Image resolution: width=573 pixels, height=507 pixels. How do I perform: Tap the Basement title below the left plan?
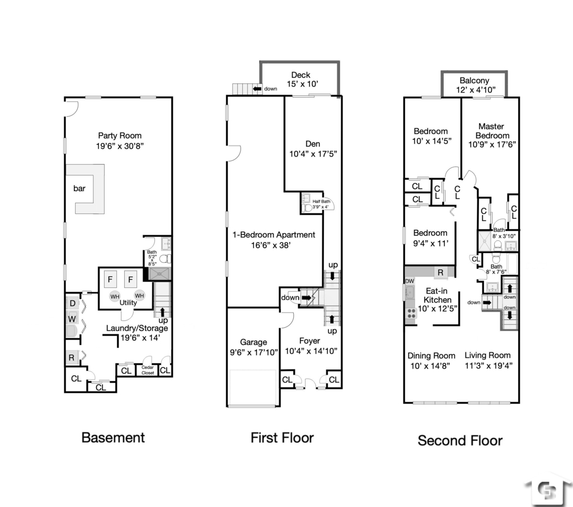[x=113, y=438]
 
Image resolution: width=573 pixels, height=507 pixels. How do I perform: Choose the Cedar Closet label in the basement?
[x=148, y=370]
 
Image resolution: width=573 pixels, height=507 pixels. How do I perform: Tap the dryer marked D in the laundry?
[x=73, y=303]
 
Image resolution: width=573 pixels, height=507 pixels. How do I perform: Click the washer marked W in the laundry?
[x=73, y=318]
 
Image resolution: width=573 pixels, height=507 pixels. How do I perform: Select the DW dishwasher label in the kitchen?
[x=409, y=281]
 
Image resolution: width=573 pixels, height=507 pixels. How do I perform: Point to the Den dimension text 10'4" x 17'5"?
[x=313, y=153]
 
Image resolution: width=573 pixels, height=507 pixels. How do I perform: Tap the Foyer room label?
[x=309, y=341]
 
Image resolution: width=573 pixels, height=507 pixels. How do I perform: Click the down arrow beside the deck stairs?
[x=258, y=89]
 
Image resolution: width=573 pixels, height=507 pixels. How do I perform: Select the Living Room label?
[x=487, y=355]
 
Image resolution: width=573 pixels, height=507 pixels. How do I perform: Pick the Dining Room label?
[x=431, y=355]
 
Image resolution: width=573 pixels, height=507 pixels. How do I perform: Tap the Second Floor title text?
[x=460, y=440]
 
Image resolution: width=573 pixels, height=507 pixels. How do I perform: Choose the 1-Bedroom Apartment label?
[x=274, y=235]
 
